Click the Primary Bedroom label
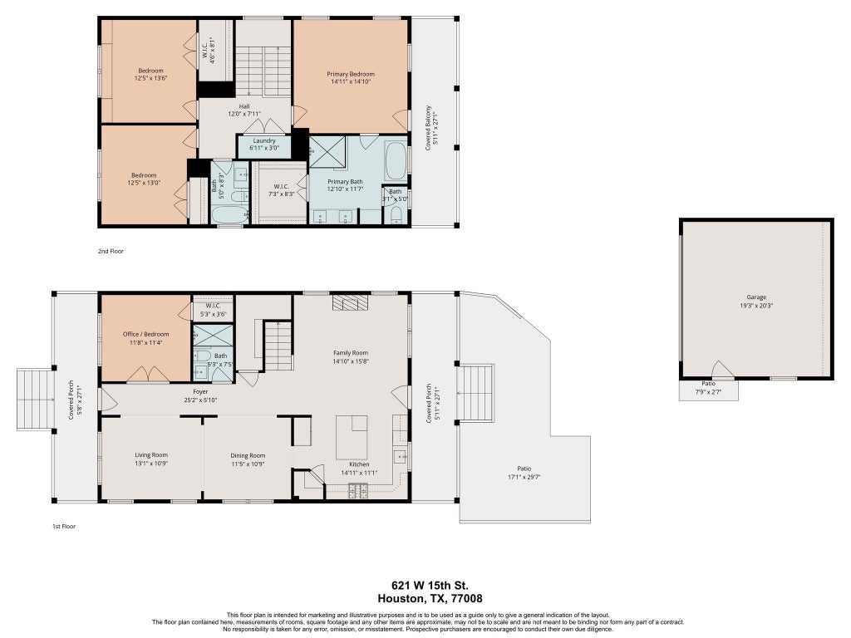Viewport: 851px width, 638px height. pyautogui.click(x=351, y=74)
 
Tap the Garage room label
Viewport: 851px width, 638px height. pyautogui.click(x=756, y=297)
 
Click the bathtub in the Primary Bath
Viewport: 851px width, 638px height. pyautogui.click(x=396, y=161)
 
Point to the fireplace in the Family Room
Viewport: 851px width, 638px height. pyautogui.click(x=350, y=302)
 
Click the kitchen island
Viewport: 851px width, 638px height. pyautogui.click(x=352, y=437)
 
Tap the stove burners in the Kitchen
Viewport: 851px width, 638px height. pyautogui.click(x=357, y=492)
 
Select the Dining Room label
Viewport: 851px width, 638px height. pyautogui.click(x=248, y=456)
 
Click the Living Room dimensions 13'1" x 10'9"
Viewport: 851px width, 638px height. pyautogui.click(x=151, y=464)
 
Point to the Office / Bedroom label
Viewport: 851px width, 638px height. pyautogui.click(x=145, y=334)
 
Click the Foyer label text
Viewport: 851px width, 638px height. pyautogui.click(x=200, y=392)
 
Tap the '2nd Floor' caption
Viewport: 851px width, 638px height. pyautogui.click(x=111, y=251)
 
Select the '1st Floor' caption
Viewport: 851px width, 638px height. pyautogui.click(x=64, y=526)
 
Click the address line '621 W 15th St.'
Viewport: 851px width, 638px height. pyautogui.click(x=430, y=586)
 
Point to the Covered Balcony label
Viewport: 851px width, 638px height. pyautogui.click(x=428, y=128)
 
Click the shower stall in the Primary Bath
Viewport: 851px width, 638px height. pyautogui.click(x=327, y=151)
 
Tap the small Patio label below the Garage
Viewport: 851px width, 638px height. pyautogui.click(x=708, y=384)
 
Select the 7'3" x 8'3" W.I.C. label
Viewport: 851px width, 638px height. pyautogui.click(x=281, y=190)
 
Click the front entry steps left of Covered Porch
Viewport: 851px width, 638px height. pyautogui.click(x=35, y=400)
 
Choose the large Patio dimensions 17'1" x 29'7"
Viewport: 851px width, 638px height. pyautogui.click(x=524, y=478)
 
